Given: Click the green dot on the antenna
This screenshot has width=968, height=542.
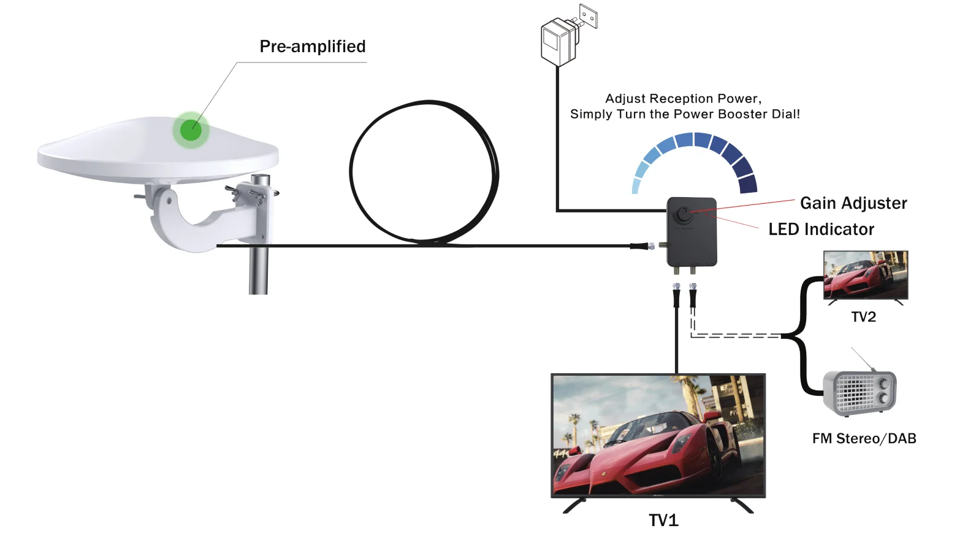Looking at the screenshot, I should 191,130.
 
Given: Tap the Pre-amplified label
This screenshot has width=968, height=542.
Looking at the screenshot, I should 313,47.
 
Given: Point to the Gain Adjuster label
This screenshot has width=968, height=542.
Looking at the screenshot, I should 853,203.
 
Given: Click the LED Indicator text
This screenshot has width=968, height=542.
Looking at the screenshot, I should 821,230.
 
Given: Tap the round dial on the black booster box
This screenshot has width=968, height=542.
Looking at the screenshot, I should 683,215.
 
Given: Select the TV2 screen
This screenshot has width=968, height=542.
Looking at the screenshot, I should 865,275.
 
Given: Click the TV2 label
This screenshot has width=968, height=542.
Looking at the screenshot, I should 863,317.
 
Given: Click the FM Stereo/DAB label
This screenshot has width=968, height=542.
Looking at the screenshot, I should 864,439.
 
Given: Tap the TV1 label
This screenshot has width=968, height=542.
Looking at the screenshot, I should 663,521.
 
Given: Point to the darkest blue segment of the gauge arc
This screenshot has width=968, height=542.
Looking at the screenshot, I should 748,184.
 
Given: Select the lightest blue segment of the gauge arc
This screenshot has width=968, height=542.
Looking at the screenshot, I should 636,186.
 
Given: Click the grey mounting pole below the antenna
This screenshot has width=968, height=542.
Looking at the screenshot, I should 259,270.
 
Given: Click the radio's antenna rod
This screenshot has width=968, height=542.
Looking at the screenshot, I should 863,358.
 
